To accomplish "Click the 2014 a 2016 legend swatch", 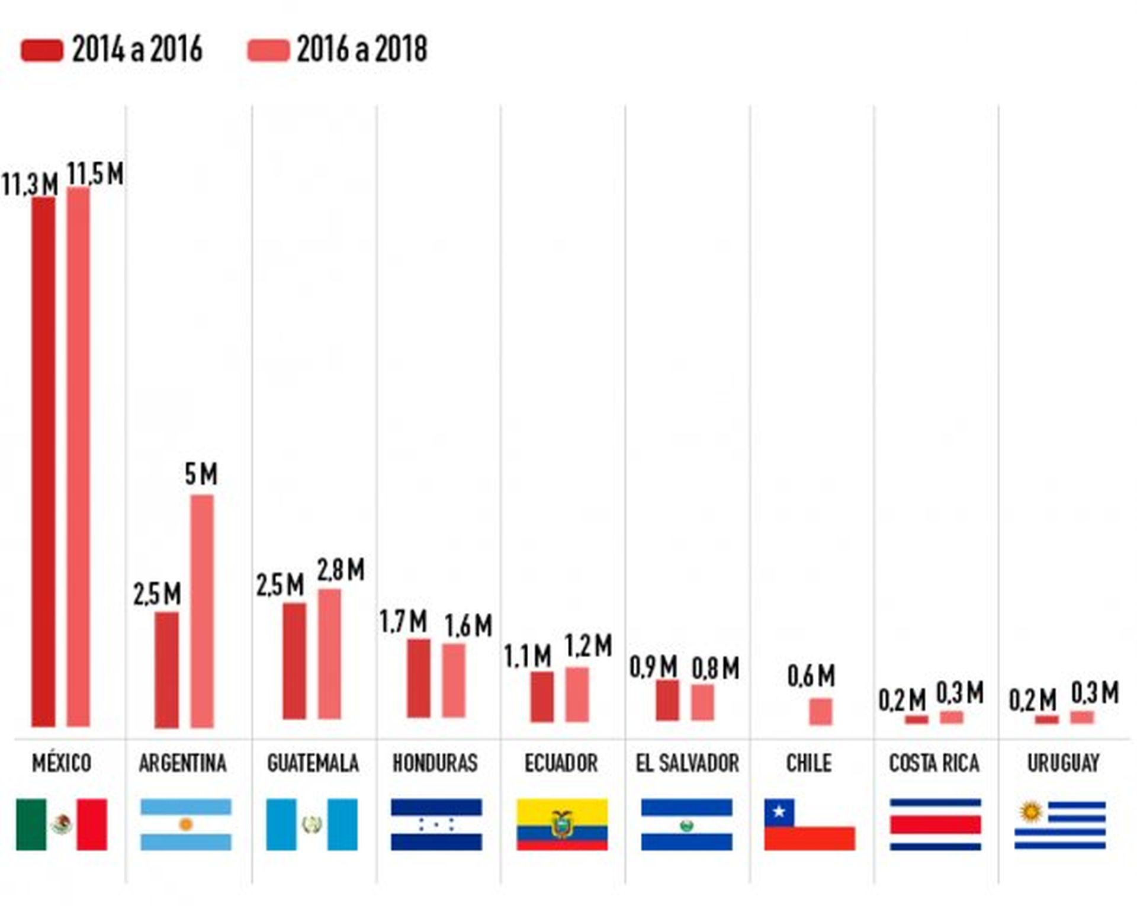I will coord(41,50).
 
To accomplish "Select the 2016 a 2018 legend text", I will coord(361,49).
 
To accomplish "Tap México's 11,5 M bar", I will coord(78,456).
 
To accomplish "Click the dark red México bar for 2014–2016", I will coord(43,462).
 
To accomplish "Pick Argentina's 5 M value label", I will coord(201,474).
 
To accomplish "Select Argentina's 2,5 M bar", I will coord(166,670).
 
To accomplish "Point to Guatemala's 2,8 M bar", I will coord(329,654).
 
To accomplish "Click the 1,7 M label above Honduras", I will coord(403,622).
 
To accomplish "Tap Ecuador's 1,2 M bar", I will coord(577,695).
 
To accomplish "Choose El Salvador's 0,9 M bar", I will coord(667,701).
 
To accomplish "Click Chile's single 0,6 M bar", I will coord(820,711).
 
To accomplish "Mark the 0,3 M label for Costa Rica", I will coord(959,693).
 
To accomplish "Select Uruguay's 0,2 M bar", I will coord(1046,719).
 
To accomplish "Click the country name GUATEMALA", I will coord(313,763).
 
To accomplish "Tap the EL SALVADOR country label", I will coord(687,763).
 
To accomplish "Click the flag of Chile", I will coord(809,824).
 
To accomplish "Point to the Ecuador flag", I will coord(561,824).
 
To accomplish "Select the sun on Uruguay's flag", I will coord(1030,811).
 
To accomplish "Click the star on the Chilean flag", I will coord(779,812).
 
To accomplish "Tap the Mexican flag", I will coord(62,824).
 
